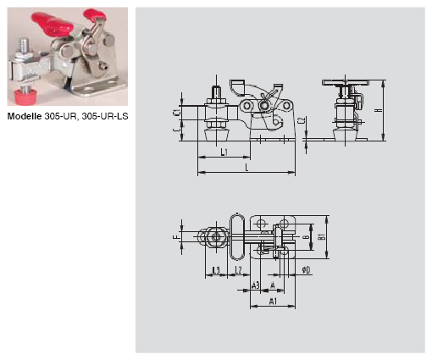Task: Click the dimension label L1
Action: pyautogui.click(x=223, y=153)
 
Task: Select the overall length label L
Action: pyautogui.click(x=246, y=169)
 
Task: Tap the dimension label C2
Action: pyautogui.click(x=302, y=123)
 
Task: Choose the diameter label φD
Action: pyautogui.click(x=306, y=269)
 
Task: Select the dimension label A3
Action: pyautogui.click(x=257, y=285)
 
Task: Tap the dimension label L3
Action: pyautogui.click(x=215, y=269)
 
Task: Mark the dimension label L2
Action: pyautogui.click(x=239, y=269)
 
